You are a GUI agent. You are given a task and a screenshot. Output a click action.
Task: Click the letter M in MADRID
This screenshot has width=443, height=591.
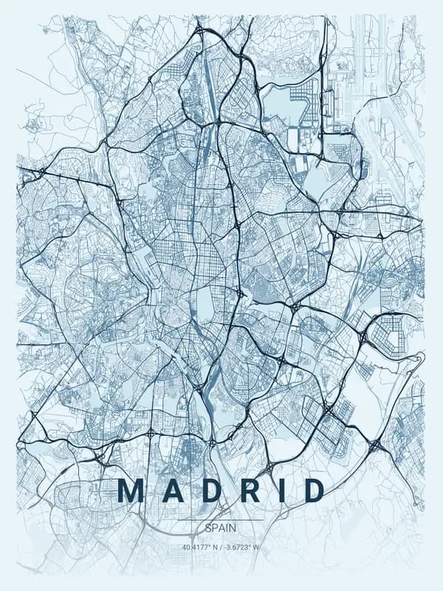click(131, 491)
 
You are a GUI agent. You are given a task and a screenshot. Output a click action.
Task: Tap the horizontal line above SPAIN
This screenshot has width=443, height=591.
click(221, 520)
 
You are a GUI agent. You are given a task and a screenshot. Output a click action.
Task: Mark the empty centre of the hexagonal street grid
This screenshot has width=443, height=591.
click(386, 332)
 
